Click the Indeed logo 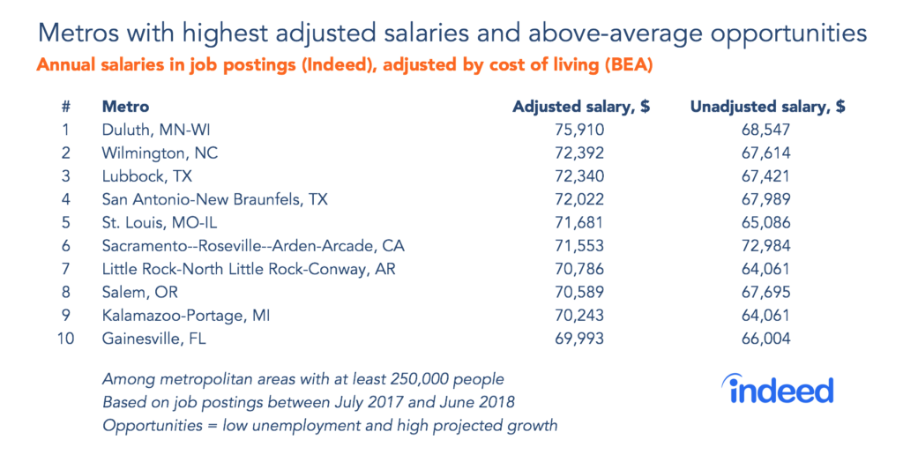click(x=777, y=389)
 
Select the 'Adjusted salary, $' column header click(x=581, y=107)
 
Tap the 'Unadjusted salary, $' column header click(x=767, y=107)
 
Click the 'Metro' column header click(x=125, y=107)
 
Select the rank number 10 click(x=66, y=338)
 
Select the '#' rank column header click(x=66, y=107)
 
